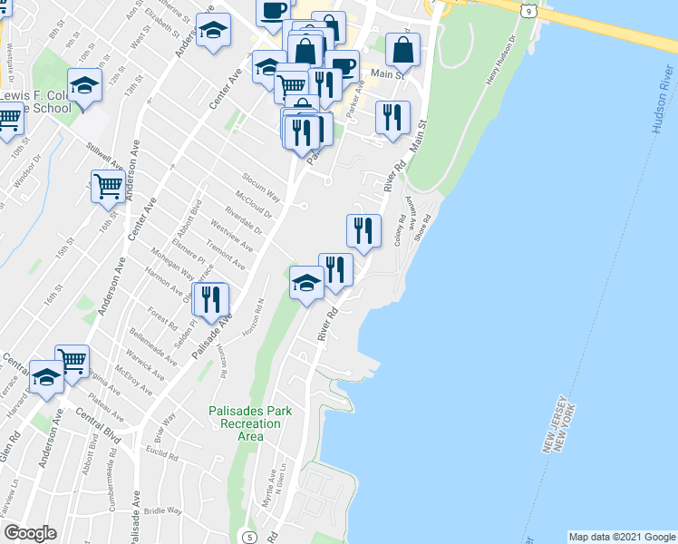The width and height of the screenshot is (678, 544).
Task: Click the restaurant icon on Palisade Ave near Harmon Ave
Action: pyautogui.click(x=211, y=300)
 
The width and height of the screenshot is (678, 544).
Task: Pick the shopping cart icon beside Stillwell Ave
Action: pyautogui.click(x=108, y=187)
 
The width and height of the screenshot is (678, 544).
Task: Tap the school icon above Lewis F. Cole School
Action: pyautogui.click(x=85, y=86)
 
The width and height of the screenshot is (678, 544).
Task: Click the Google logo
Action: pyautogui.click(x=30, y=533)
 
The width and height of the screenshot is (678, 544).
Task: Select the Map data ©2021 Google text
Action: pyautogui.click(x=622, y=537)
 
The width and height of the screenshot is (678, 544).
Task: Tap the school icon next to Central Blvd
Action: pyautogui.click(x=45, y=377)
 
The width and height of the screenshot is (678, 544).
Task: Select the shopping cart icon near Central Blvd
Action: pyautogui.click(x=72, y=361)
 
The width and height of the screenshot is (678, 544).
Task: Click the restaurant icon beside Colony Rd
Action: pyautogui.click(x=363, y=230)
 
